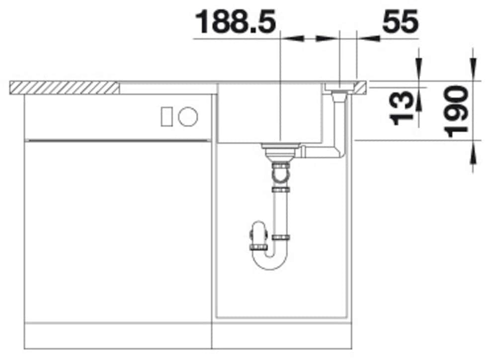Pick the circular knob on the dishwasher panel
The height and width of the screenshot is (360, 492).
pos(188,117)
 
